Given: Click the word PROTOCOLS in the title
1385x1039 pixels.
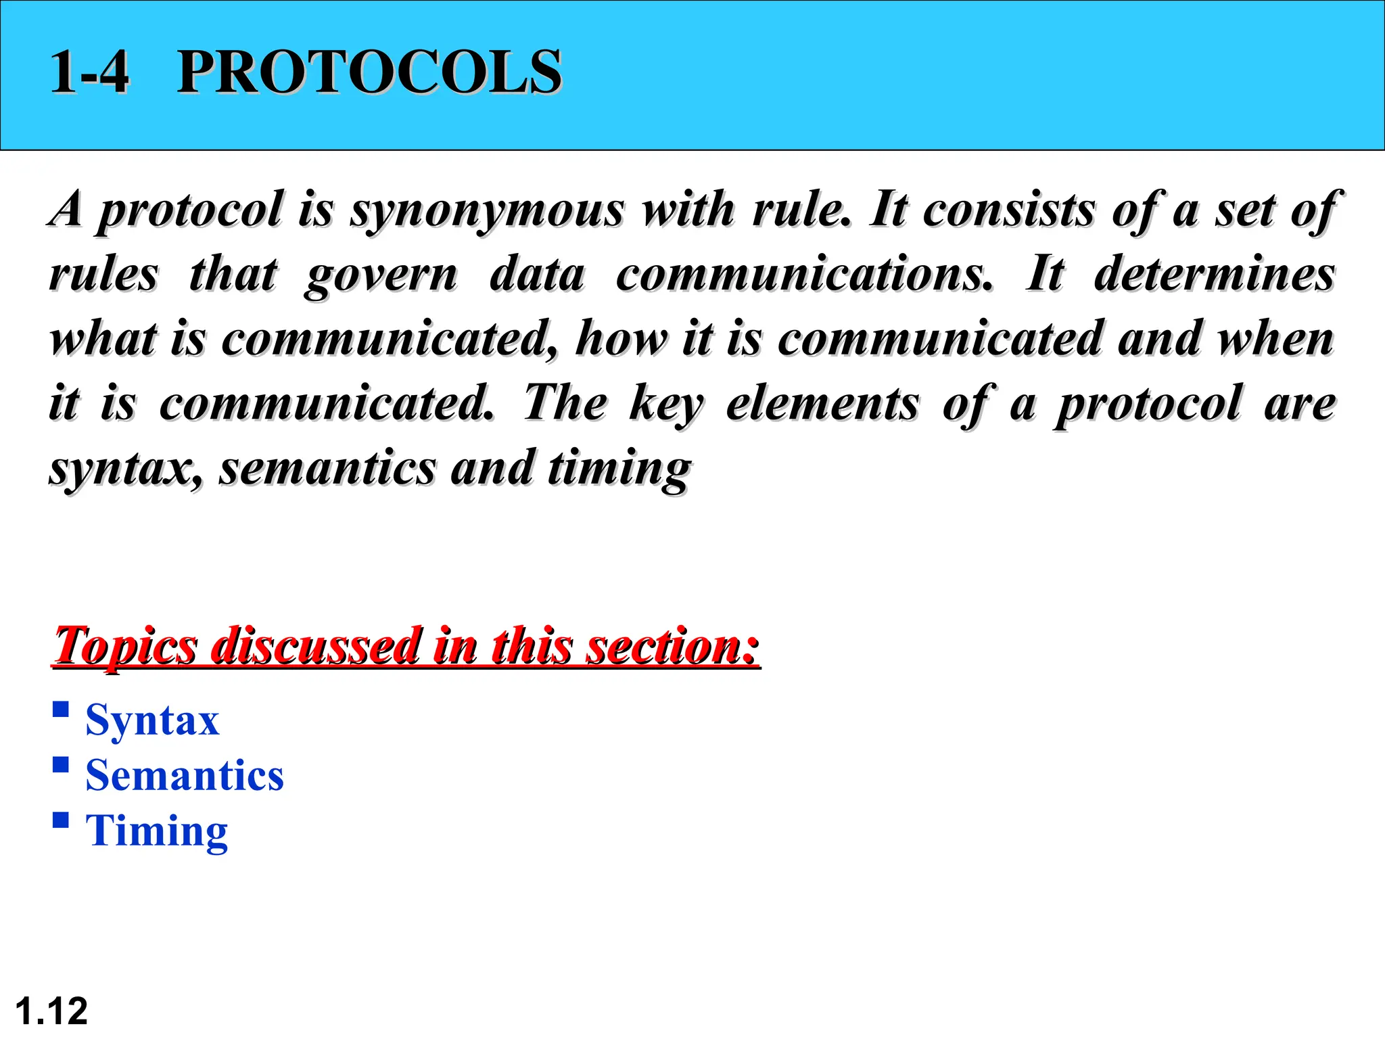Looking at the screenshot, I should point(369,72).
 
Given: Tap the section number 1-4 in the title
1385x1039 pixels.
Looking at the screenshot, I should point(89,72).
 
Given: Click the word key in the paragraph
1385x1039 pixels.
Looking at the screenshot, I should point(666,405).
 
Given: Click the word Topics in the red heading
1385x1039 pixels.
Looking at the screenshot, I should point(126,647).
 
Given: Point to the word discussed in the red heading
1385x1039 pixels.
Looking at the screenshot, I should point(315,645).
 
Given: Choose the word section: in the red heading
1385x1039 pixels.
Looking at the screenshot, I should point(672,645).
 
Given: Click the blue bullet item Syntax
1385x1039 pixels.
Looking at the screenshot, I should point(152,720).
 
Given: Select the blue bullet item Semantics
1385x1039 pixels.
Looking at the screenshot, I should point(185,775).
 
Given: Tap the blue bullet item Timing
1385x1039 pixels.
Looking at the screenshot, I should point(157,831).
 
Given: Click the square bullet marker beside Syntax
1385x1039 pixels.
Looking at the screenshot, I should point(61,709).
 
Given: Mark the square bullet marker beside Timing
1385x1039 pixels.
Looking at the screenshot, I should point(61,820).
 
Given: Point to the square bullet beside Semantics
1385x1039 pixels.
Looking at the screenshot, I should point(61,764).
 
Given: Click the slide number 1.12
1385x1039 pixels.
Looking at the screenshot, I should point(51,1011).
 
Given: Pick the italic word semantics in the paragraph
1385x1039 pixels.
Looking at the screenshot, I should point(327,468).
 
